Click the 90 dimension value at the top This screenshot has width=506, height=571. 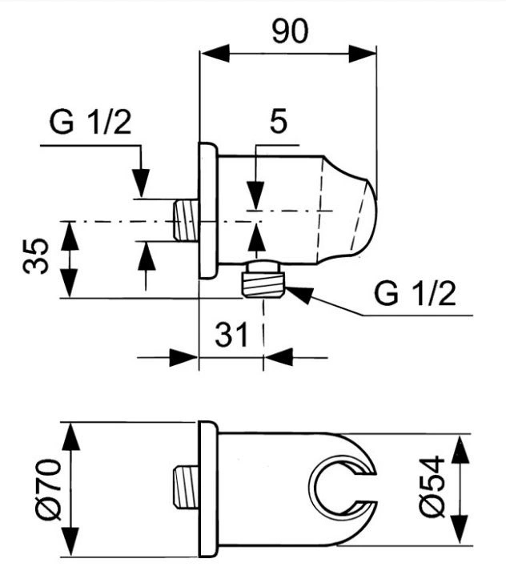point(290,31)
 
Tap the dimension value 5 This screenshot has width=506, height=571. point(279,121)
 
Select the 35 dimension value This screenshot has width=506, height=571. point(35,255)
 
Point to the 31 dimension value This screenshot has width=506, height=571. point(231,334)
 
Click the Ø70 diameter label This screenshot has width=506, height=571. point(48,489)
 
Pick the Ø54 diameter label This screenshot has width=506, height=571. point(432,486)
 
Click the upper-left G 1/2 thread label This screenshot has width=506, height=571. point(90,123)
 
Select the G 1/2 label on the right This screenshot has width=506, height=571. point(415,294)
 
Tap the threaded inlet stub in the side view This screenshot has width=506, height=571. point(185,220)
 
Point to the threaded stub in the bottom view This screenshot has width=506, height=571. point(185,487)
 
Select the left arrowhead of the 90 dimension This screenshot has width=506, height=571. point(215,53)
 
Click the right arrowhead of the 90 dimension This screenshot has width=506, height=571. point(362,54)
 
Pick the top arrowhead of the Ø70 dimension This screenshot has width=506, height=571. point(70,438)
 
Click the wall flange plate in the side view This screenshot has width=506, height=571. point(208,211)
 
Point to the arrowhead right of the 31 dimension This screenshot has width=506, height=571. point(279,357)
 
